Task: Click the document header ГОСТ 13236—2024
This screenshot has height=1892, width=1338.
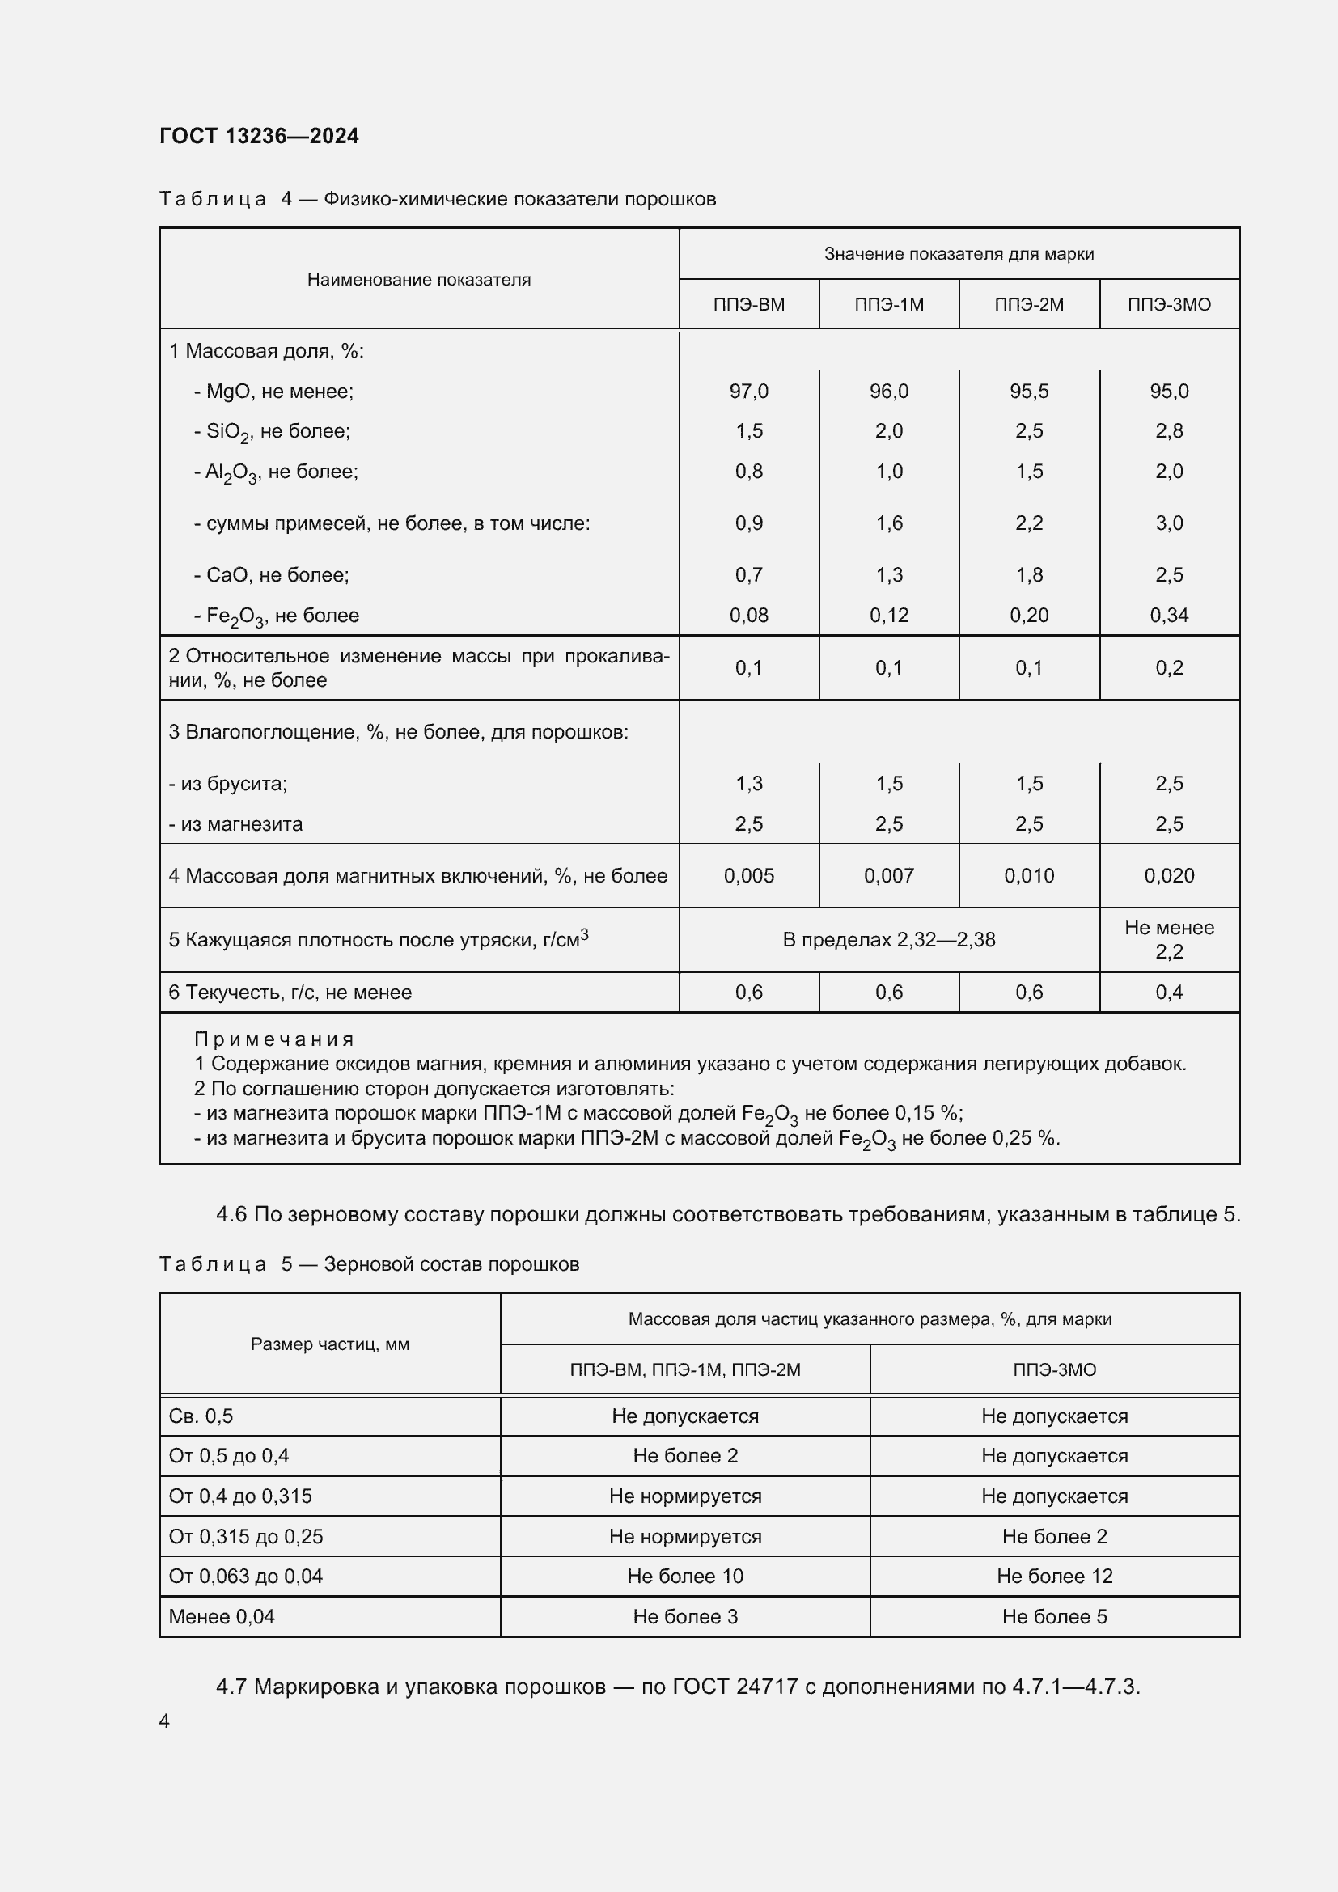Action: point(259,136)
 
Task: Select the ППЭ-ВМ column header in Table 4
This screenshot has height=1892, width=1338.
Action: point(748,305)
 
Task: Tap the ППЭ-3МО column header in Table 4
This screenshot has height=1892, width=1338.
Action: point(1168,305)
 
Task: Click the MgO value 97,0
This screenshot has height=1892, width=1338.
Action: point(748,392)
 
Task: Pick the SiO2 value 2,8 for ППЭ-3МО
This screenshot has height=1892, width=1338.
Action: point(1168,431)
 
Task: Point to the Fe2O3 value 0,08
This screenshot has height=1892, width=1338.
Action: point(748,616)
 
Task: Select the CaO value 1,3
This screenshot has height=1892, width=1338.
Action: point(888,575)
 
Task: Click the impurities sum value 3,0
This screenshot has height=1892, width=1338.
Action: point(1168,523)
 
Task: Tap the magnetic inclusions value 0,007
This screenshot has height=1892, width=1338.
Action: point(888,876)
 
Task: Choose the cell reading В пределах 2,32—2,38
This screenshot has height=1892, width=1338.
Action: point(888,940)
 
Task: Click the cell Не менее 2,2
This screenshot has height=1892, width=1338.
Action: point(1168,940)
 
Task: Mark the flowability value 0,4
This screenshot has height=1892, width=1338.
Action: point(1168,993)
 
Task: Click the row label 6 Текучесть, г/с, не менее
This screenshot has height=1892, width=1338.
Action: point(290,993)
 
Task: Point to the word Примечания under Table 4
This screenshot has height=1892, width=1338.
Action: point(273,1040)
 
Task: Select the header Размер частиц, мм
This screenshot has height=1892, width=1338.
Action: point(329,1345)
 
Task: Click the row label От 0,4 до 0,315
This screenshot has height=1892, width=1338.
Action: point(239,1496)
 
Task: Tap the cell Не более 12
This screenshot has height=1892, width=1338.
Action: point(1054,1577)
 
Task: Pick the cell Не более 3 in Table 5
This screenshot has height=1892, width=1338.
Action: point(684,1617)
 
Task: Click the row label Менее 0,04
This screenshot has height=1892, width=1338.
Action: point(222,1617)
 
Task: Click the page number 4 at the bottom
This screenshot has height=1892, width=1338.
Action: point(164,1721)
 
